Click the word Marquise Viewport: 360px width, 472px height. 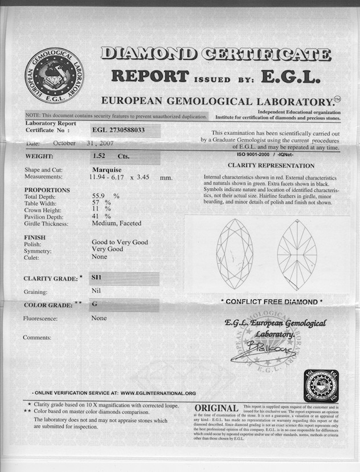[108, 169]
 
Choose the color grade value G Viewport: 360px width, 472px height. [95, 304]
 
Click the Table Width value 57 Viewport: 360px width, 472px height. [96, 202]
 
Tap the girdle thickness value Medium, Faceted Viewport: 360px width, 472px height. [116, 223]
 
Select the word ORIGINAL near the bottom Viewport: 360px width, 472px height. [216, 408]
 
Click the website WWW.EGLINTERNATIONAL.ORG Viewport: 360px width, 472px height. [158, 393]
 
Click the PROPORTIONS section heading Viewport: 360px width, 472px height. [47, 190]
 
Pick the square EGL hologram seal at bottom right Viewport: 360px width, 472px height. [321, 386]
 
